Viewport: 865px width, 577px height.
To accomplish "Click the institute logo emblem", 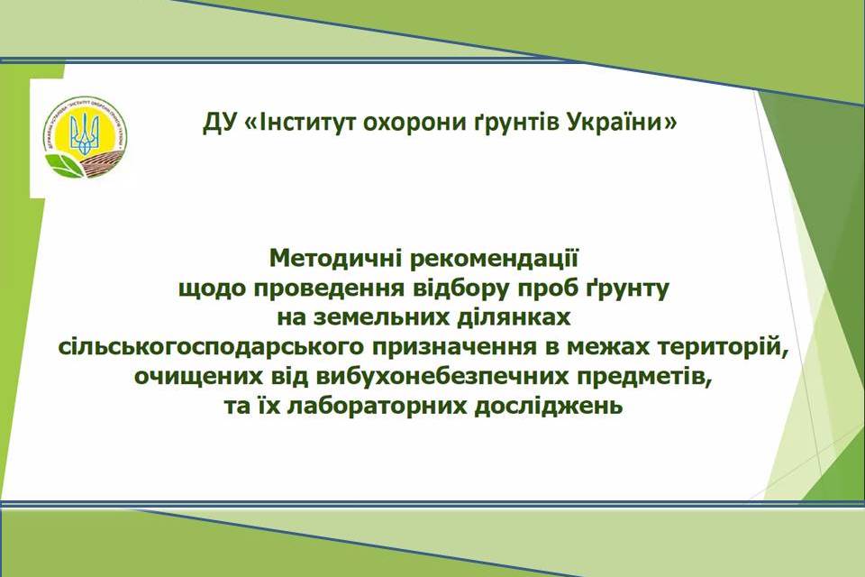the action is pyautogui.click(x=85, y=137).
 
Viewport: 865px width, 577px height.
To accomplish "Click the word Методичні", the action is pyautogui.click(x=335, y=259).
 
